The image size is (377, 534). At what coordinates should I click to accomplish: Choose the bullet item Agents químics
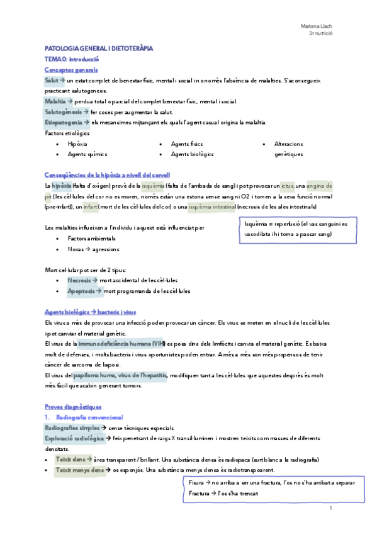pyautogui.click(x=87, y=154)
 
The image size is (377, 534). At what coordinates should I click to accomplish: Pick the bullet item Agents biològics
pyautogui.click(x=193, y=154)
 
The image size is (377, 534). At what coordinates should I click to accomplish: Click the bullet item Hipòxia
pyautogui.click(x=77, y=144)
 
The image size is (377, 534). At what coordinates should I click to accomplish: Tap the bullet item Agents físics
pyautogui.click(x=187, y=144)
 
